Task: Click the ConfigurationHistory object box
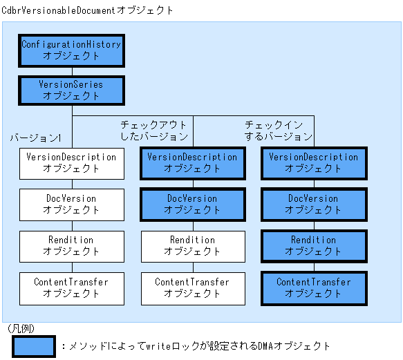[71, 50]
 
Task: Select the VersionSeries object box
[71, 91]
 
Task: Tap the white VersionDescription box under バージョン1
[71, 162]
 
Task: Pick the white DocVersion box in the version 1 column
[71, 204]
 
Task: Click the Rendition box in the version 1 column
[71, 245]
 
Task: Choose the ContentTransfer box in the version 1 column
[71, 287]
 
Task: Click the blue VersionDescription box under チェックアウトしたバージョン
[192, 162]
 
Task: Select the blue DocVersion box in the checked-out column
[192, 204]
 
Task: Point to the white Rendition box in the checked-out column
[192, 245]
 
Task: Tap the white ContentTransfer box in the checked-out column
[192, 287]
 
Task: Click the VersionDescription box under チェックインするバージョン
[314, 162]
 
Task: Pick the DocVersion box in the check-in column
[314, 204]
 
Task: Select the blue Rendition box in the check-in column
[314, 245]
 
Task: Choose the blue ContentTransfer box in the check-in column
[314, 287]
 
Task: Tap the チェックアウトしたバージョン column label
[154, 131]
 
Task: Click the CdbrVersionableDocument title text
[88, 10]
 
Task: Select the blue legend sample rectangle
[32, 346]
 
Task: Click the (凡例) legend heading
[21, 329]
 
